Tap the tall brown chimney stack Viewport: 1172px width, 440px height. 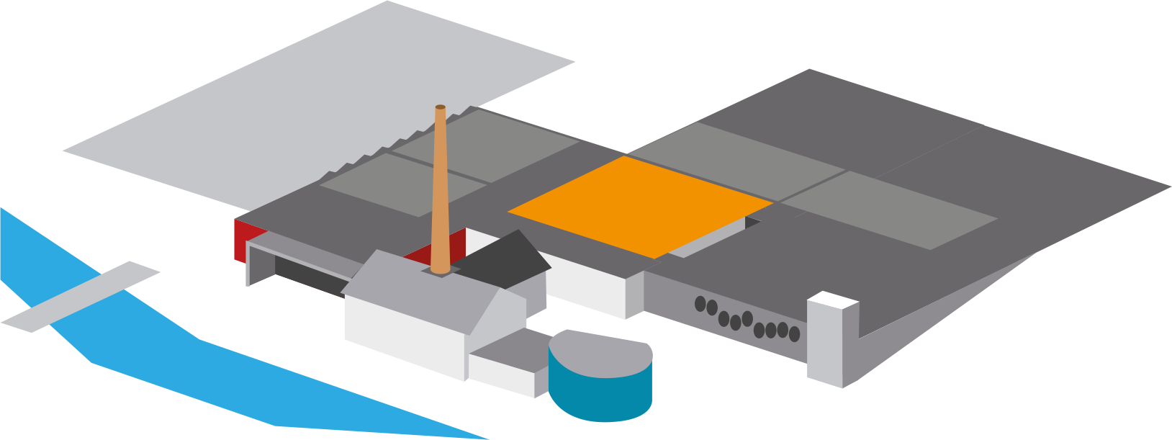(x=441, y=194)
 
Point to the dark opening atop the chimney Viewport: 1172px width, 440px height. (x=440, y=107)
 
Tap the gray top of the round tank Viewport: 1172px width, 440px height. (x=601, y=353)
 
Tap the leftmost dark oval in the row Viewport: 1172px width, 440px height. (x=700, y=304)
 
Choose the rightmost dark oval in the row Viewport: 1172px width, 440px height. (x=794, y=334)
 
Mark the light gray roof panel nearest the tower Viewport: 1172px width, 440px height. (x=889, y=209)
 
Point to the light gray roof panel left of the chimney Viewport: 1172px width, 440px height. (x=389, y=184)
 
